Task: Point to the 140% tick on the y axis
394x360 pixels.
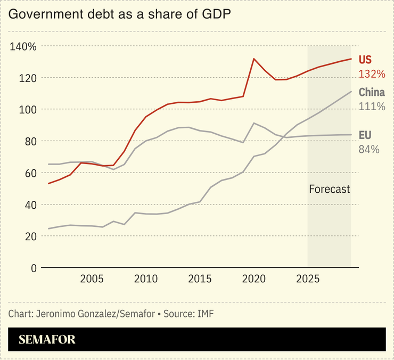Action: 23,47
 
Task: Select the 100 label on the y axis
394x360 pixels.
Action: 27,110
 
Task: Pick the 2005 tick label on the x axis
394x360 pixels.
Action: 92,279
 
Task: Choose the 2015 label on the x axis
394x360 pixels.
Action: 200,279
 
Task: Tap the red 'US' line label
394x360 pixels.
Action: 365,60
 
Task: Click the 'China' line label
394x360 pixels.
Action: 371,92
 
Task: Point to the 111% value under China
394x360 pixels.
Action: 371,107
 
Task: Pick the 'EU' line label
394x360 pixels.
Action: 365,135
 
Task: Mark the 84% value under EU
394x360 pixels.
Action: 368,149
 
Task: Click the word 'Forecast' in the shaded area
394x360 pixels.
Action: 329,189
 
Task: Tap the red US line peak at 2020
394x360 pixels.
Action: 254,59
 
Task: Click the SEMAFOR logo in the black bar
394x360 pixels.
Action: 47,340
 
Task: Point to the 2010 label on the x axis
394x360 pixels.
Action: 146,279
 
